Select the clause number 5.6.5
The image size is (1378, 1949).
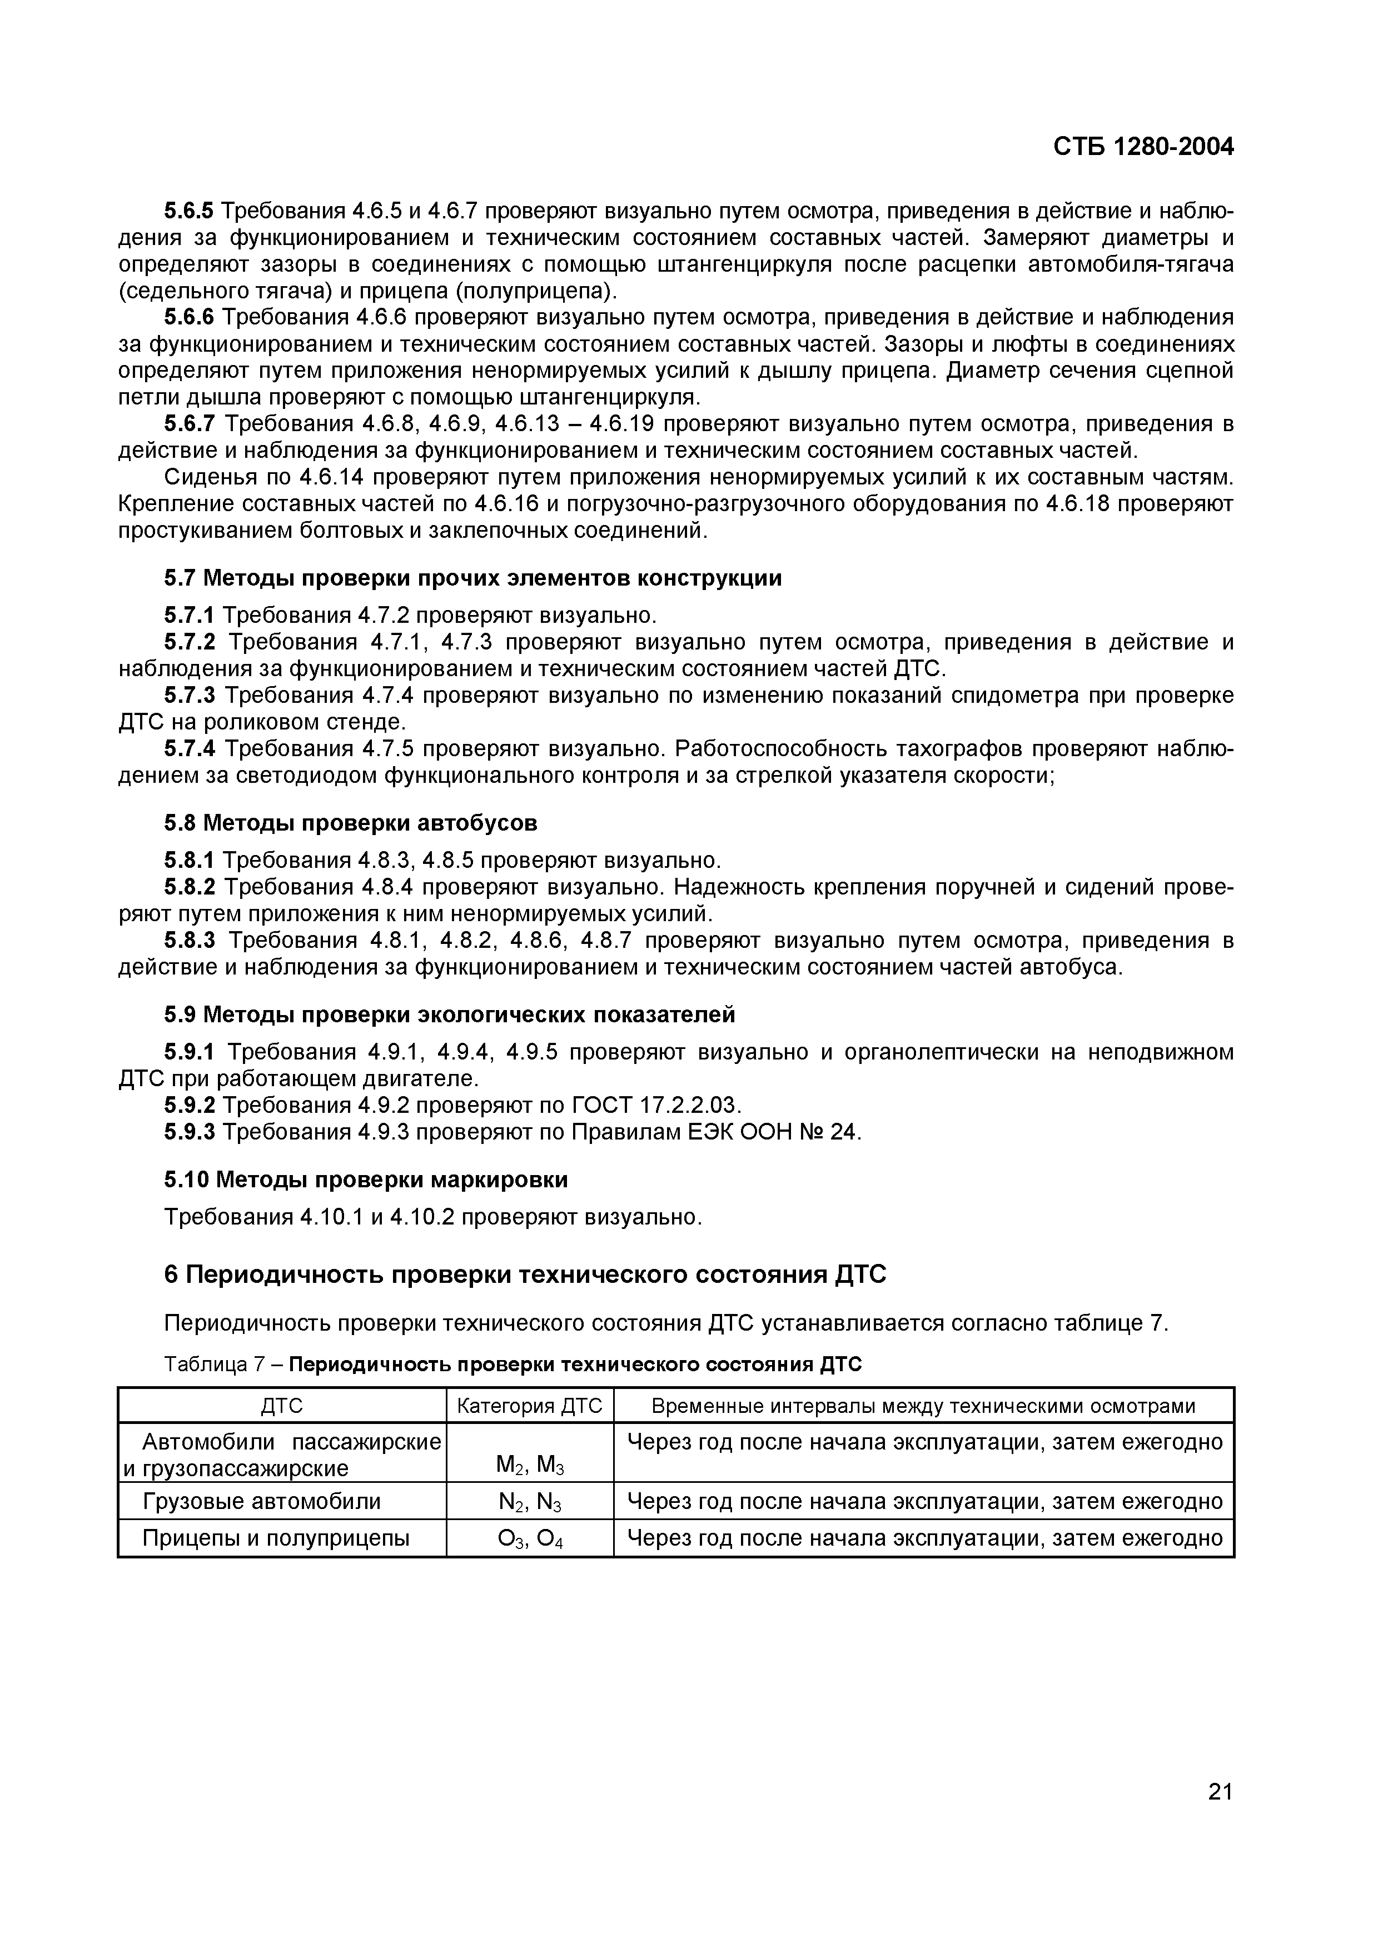[x=190, y=211]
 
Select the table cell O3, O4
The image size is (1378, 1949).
[x=530, y=1540]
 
